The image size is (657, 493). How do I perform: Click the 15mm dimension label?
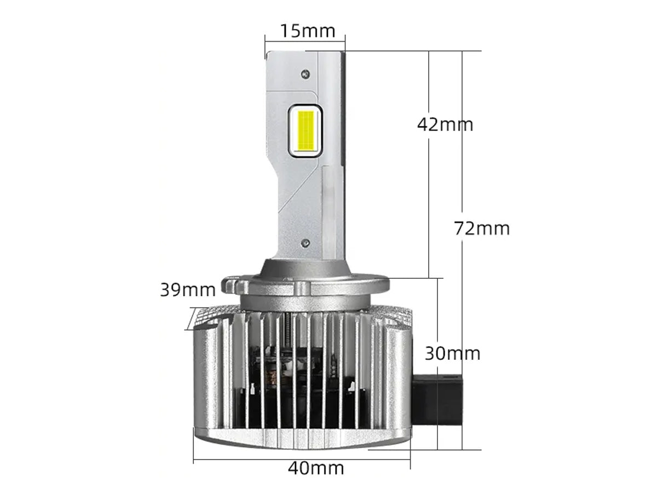pyautogui.click(x=308, y=31)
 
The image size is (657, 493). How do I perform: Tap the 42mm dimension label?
pyautogui.click(x=445, y=124)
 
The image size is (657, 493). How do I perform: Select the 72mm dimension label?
pyautogui.click(x=482, y=228)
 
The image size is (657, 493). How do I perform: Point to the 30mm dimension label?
pyautogui.click(x=452, y=353)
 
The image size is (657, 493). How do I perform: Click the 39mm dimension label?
pyautogui.click(x=188, y=290)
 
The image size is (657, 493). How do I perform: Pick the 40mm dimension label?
pyautogui.click(x=316, y=468)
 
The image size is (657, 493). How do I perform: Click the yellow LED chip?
pyautogui.click(x=305, y=130)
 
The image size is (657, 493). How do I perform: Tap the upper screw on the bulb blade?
pyautogui.click(x=306, y=73)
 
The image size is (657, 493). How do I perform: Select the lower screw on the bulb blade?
pyautogui.click(x=305, y=243)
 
